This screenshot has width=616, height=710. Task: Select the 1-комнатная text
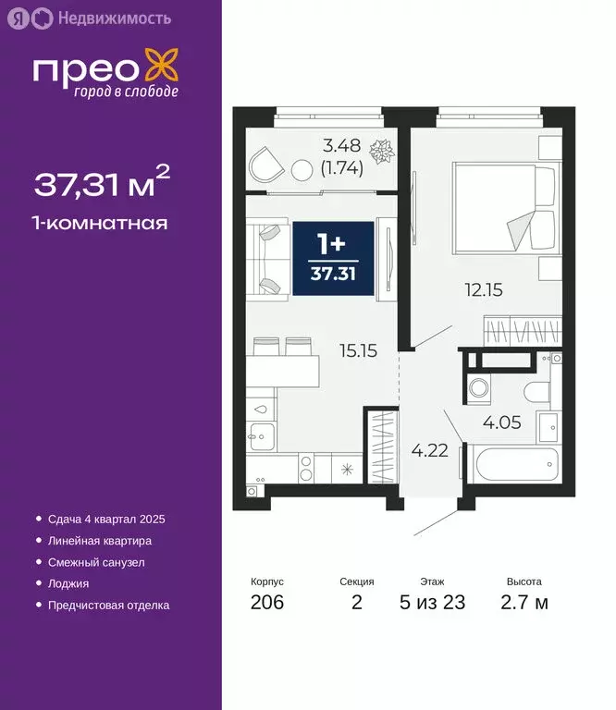coord(101,223)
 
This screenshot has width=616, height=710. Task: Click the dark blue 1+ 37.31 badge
coord(333,259)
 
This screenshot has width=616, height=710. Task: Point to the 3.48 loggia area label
coord(342,146)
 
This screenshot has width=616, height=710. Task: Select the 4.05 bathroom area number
coord(502,423)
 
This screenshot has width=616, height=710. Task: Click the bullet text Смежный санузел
coord(96,562)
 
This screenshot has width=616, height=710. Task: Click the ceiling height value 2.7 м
coord(524,604)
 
